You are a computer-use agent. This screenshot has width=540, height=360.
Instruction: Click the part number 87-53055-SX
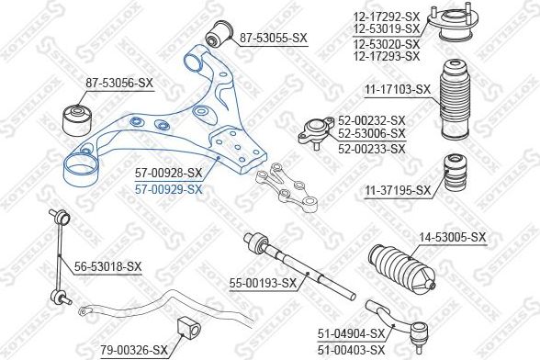274,38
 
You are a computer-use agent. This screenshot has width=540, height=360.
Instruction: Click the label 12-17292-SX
386,16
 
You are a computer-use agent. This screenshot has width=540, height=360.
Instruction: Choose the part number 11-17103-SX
398,89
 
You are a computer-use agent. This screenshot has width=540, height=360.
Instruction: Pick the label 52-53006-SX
372,134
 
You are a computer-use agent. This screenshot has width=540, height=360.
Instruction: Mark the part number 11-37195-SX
398,190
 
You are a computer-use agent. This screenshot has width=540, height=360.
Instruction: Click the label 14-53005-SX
452,237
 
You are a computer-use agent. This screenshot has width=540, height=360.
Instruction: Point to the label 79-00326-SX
133,349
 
